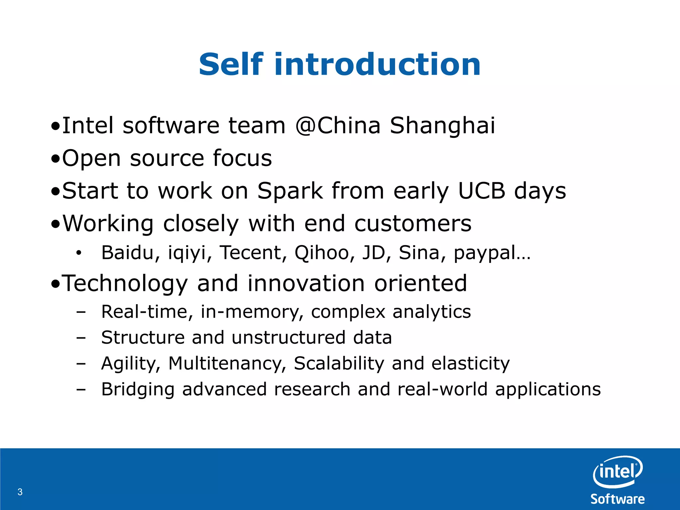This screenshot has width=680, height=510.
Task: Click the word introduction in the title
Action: click(x=377, y=64)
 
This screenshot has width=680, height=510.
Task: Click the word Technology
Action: click(x=125, y=284)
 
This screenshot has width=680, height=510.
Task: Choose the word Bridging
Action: click(x=138, y=390)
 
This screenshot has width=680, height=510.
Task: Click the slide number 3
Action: click(x=20, y=492)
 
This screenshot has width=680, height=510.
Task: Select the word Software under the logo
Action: click(x=618, y=499)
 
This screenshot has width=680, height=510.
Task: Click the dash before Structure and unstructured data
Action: click(x=81, y=338)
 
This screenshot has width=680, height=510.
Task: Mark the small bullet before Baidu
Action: click(x=78, y=253)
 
